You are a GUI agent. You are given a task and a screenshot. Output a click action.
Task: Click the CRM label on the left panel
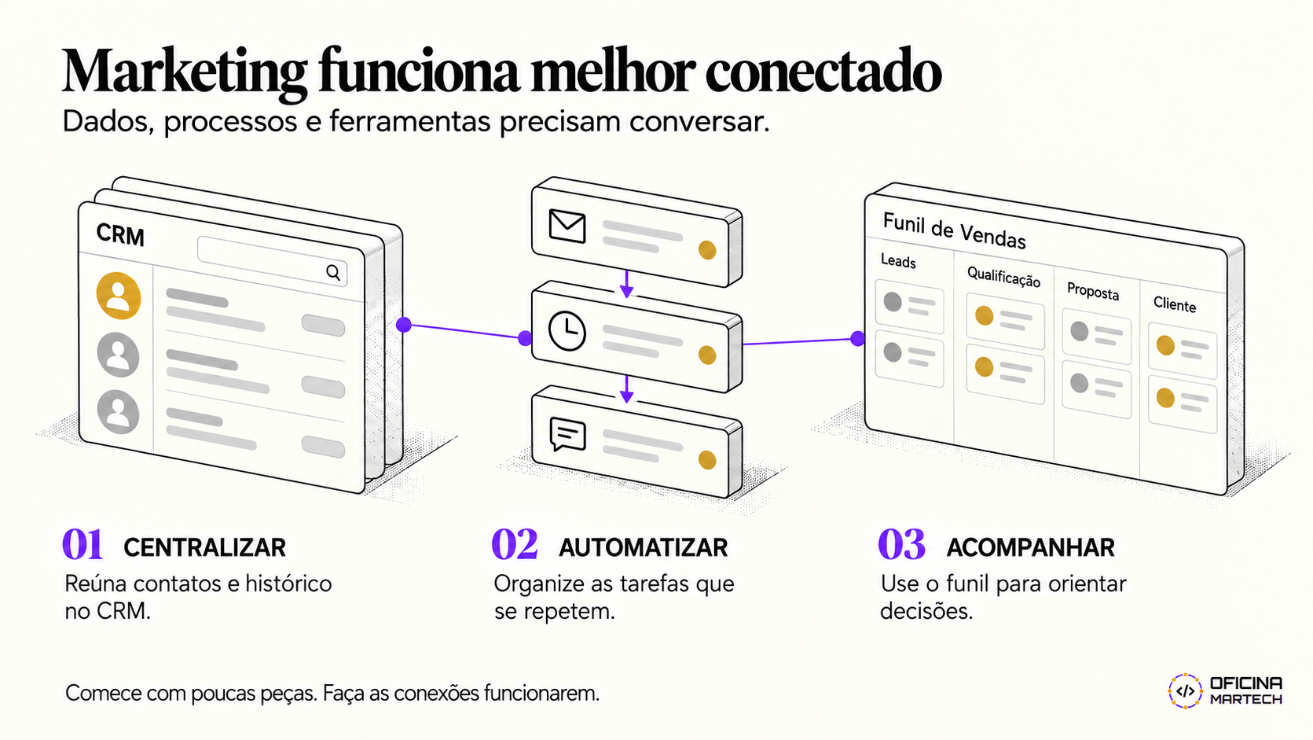tap(120, 234)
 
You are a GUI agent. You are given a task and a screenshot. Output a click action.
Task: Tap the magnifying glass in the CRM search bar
tap(333, 272)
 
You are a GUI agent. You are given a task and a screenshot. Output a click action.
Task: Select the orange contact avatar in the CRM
tap(119, 296)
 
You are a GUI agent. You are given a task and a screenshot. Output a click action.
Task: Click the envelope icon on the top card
tap(567, 226)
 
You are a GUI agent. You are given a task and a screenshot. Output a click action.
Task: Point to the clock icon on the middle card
tap(567, 332)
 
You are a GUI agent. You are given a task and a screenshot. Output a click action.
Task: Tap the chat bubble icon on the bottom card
tap(567, 435)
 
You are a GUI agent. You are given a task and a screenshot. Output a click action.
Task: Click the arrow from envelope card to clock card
tap(626, 284)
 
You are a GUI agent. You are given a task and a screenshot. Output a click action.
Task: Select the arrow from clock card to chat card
tap(626, 389)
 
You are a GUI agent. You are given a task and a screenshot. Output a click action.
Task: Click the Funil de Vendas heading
tap(954, 230)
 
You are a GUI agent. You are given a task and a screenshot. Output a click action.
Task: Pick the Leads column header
tap(898, 261)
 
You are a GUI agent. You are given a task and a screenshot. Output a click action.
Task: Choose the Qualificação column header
tap(1003, 276)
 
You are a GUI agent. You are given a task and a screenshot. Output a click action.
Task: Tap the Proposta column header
tap(1093, 291)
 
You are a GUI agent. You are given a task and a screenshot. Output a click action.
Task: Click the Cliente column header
tap(1175, 304)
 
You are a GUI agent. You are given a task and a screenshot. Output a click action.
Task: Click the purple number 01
tap(83, 544)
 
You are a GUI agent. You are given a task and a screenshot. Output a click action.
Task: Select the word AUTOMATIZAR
tap(643, 547)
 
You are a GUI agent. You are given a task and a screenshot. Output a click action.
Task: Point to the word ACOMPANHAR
tap(1030, 547)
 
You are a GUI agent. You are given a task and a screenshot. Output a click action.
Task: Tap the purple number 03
tap(901, 544)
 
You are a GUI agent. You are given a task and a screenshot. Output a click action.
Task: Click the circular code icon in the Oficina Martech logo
tap(1185, 690)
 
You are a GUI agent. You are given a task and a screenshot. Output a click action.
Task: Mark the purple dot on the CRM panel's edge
tap(403, 325)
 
